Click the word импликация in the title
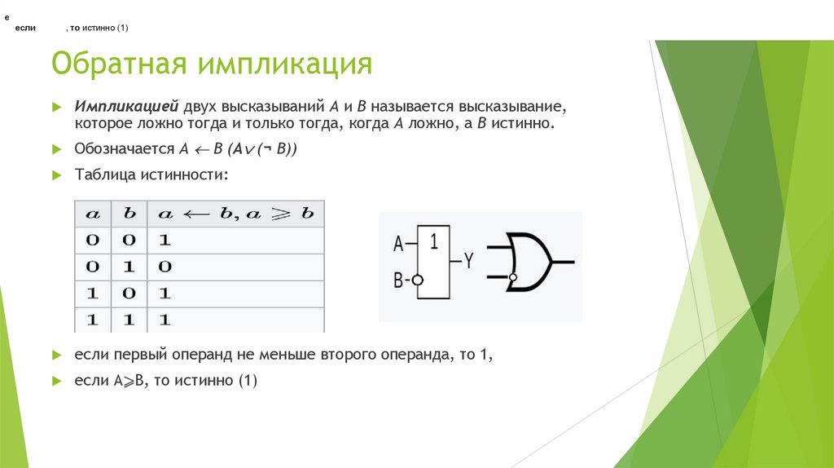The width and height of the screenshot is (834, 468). (282, 64)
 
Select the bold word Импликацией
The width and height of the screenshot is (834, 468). (126, 107)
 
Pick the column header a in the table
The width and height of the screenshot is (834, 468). (94, 214)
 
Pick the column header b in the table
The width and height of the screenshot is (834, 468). (129, 214)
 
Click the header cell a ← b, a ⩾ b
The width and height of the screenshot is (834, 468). (235, 214)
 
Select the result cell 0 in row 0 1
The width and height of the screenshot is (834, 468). (164, 267)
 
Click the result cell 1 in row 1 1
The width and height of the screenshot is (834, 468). (164, 320)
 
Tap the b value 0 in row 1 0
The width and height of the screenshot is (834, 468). (129, 293)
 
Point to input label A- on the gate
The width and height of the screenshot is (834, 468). (401, 243)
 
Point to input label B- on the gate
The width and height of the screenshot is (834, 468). (400, 280)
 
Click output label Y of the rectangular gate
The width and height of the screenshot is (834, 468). (469, 261)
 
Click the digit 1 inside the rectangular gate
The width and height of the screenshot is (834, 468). (434, 241)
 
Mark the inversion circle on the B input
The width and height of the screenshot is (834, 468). (417, 280)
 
